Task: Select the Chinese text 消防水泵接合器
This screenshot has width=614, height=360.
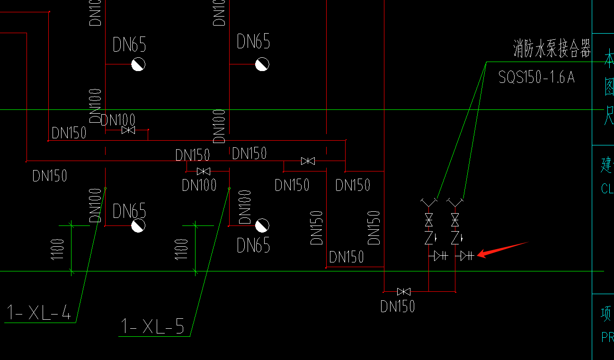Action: [x=552, y=49]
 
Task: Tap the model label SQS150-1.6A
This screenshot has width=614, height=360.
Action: [x=536, y=77]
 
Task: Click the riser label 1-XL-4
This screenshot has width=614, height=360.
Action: [x=39, y=313]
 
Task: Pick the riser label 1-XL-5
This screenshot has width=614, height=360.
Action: [x=152, y=326]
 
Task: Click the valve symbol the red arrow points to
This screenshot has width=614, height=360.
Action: [x=466, y=256]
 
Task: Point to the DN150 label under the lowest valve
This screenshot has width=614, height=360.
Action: [x=398, y=306]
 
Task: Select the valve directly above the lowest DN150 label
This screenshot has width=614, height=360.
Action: [x=404, y=291]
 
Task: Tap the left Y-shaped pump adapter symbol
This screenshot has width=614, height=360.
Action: [x=428, y=203]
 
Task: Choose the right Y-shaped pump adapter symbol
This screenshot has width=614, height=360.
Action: [x=455, y=203]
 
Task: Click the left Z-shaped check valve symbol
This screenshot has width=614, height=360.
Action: [x=429, y=237]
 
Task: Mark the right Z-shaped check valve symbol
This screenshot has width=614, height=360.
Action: [x=455, y=237]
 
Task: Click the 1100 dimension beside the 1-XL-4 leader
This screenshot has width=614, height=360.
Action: [x=57, y=249]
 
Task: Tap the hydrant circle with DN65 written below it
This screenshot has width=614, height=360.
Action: [x=262, y=225]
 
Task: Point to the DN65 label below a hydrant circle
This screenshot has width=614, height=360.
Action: [x=253, y=245]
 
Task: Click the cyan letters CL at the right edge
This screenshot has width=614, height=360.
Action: [x=607, y=189]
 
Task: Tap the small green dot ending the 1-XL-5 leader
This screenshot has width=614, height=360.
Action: [x=229, y=189]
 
